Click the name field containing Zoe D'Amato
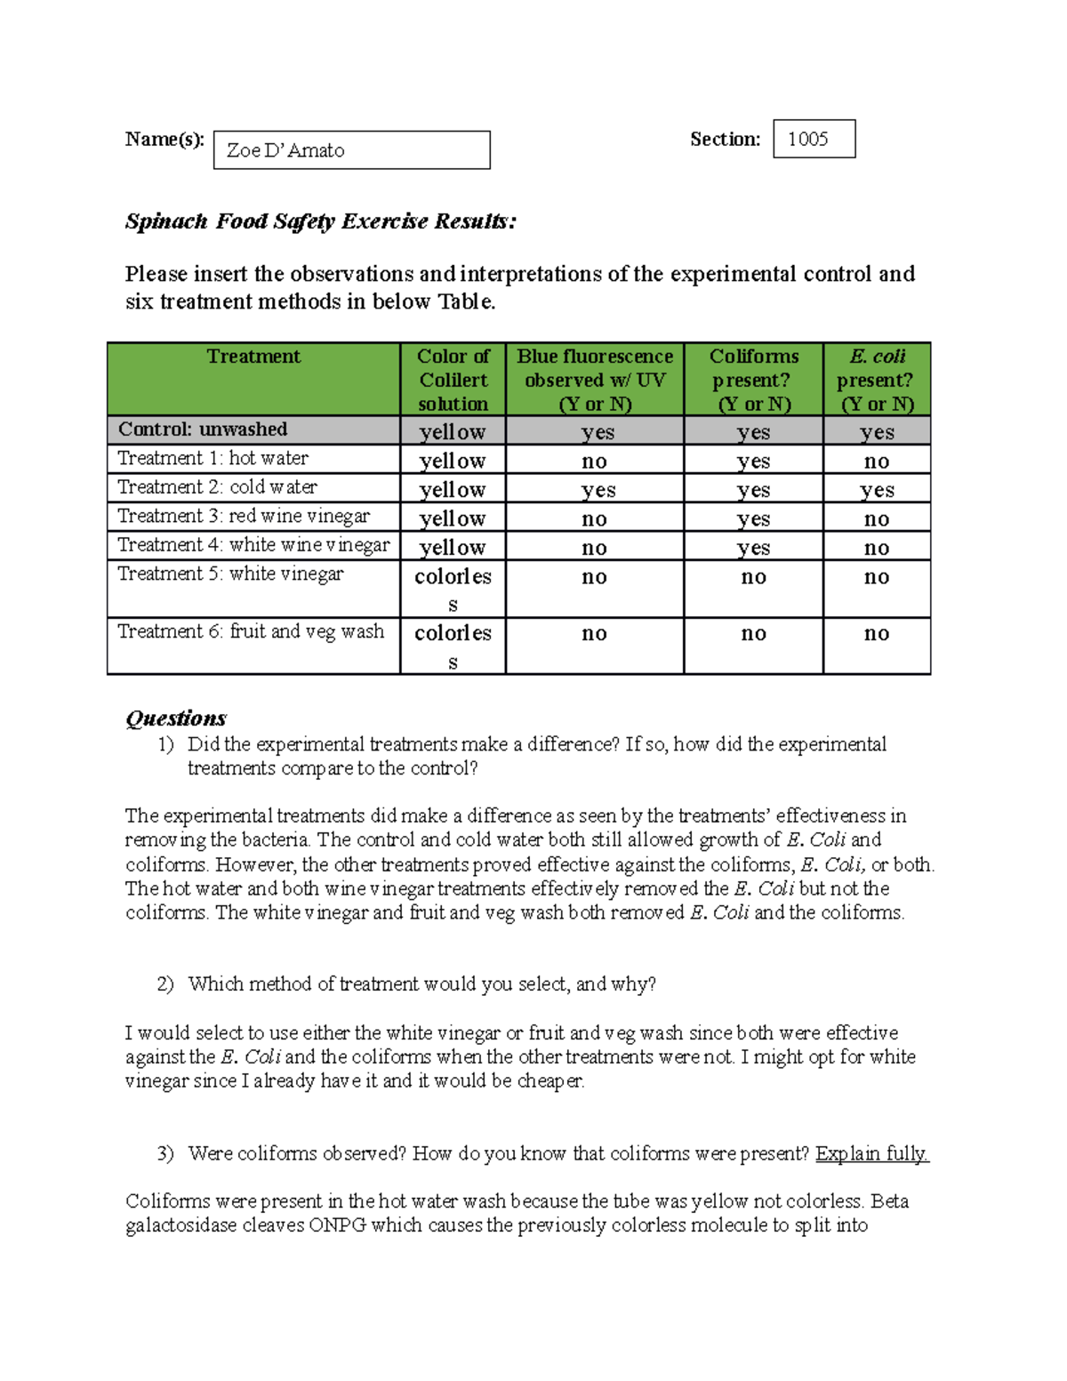click(x=351, y=150)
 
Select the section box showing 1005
click(x=814, y=139)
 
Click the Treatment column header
click(x=253, y=357)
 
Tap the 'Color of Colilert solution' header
click(x=453, y=380)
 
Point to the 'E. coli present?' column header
click(x=876, y=380)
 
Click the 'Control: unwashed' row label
click(x=203, y=430)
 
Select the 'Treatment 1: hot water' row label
click(x=213, y=458)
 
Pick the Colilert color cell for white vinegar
click(x=453, y=589)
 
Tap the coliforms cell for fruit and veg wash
click(x=753, y=634)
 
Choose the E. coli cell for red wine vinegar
click(x=877, y=518)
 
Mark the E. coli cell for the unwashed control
click(x=877, y=432)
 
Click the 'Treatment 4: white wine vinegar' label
click(x=253, y=545)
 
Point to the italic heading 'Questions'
click(x=176, y=718)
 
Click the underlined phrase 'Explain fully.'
click(x=871, y=1153)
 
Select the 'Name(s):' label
click(x=164, y=139)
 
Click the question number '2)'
click(x=165, y=984)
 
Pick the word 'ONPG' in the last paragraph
click(x=337, y=1225)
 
